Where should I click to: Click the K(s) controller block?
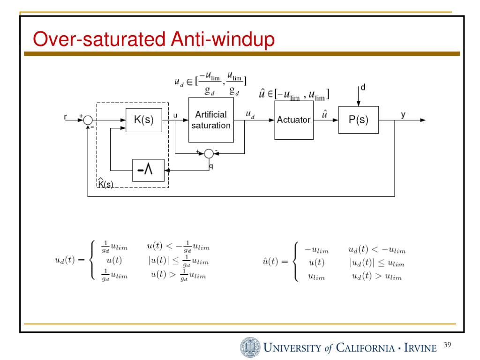pyautogui.click(x=144, y=120)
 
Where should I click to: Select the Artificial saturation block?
pyautogui.click(x=211, y=120)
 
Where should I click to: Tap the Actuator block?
pyautogui.click(x=294, y=120)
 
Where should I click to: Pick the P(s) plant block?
pyautogui.click(x=358, y=120)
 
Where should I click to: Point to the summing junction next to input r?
pyautogui.click(x=88, y=120)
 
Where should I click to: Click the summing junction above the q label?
pyautogui.click(x=209, y=153)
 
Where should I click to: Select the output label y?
pyautogui.click(x=403, y=114)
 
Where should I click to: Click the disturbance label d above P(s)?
pyautogui.click(x=362, y=87)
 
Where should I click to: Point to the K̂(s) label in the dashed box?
pyautogui.click(x=105, y=183)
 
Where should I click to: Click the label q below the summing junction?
pyautogui.click(x=211, y=166)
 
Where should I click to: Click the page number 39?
pyautogui.click(x=446, y=346)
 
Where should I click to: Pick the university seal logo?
pyautogui.click(x=249, y=347)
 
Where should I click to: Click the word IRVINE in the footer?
pyautogui.click(x=421, y=348)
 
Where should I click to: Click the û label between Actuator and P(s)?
pyautogui.click(x=324, y=114)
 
